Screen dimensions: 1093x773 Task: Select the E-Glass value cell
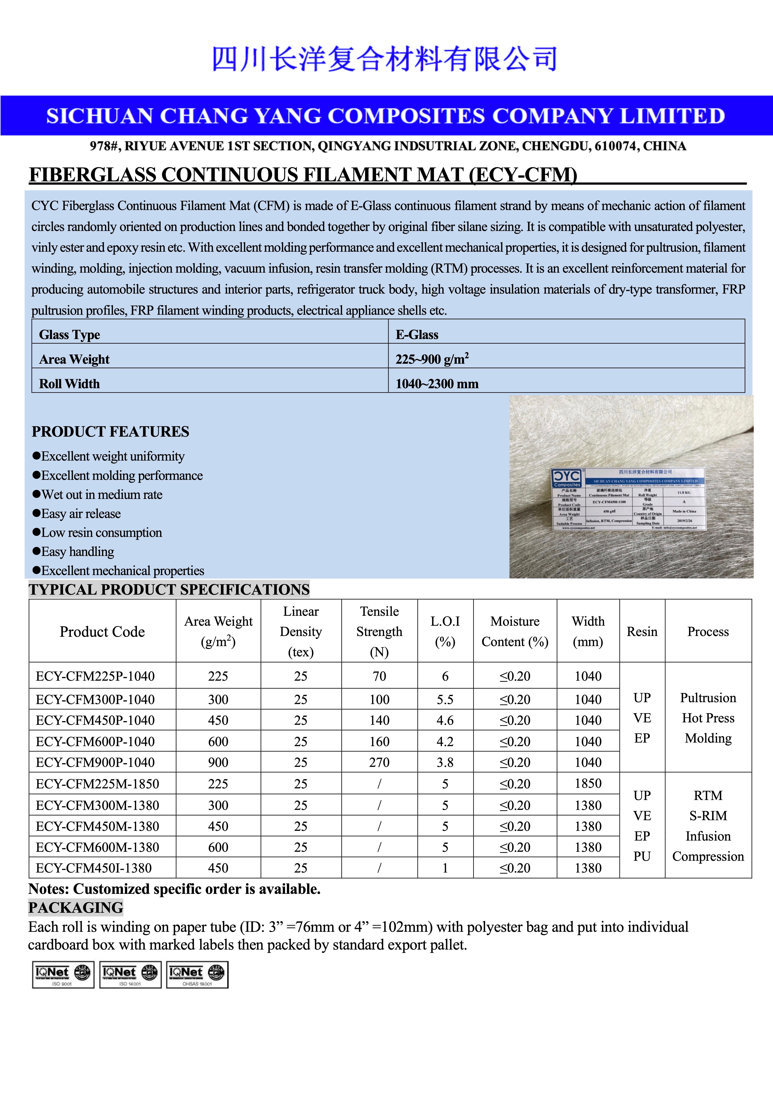(417, 335)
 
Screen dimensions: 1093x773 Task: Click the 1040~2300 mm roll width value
(437, 384)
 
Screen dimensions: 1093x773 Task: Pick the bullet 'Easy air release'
(81, 514)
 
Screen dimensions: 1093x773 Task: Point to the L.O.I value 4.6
(445, 720)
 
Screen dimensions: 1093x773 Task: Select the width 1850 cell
(588, 784)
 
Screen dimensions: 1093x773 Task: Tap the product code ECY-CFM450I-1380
(94, 868)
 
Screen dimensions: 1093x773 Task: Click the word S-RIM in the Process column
(708, 815)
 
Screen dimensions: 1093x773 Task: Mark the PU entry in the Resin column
(642, 856)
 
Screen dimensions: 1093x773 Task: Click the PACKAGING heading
(76, 907)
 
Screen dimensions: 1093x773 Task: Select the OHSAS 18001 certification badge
(197, 974)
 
